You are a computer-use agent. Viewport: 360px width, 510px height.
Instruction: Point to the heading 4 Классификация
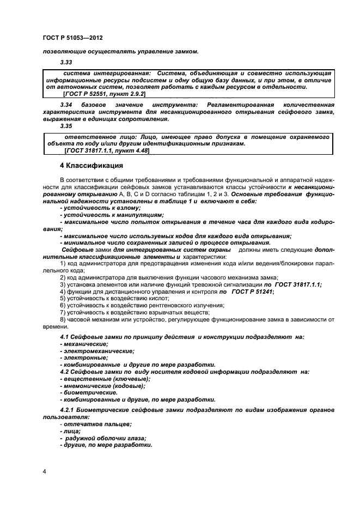tap(91, 165)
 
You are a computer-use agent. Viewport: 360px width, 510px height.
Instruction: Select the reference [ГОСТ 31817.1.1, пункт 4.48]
tap(107, 150)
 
